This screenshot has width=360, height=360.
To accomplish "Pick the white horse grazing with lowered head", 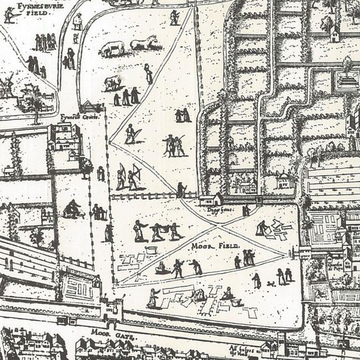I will (x=114, y=47).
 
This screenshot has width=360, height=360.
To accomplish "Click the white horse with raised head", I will (x=144, y=43).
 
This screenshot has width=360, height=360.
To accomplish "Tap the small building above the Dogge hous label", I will (x=213, y=199).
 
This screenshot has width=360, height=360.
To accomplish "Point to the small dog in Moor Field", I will (x=271, y=284).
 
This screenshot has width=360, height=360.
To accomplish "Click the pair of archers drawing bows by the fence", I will (x=130, y=177).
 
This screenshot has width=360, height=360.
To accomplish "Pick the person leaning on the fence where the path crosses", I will (x=181, y=190).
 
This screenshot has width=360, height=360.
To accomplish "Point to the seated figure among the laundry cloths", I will (x=227, y=293).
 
